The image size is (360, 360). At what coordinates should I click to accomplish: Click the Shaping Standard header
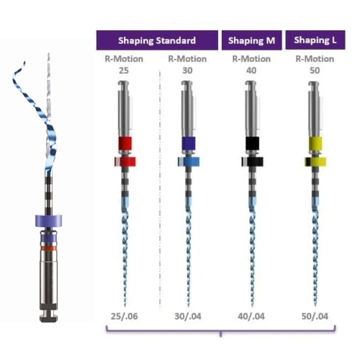point(157,40)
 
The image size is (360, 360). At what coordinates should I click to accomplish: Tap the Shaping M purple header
point(252,40)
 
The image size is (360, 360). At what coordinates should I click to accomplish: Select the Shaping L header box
point(315,40)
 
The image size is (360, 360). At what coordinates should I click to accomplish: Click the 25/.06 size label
point(125,316)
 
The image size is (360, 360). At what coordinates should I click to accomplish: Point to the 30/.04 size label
point(188,316)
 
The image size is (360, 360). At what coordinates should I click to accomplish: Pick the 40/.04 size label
point(251,316)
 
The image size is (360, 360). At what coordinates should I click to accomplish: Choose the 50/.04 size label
point(315,316)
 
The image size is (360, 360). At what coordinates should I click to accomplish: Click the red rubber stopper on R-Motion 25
point(125,161)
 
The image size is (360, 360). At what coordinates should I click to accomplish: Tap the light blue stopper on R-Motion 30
point(189,161)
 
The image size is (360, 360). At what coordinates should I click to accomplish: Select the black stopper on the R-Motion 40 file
point(252,161)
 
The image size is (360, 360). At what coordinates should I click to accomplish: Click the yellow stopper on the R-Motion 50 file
point(315,161)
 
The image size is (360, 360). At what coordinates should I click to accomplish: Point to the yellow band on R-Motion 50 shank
point(315,143)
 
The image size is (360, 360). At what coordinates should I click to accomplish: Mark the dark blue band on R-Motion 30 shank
point(189,143)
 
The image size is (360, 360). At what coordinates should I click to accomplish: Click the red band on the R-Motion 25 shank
point(125,143)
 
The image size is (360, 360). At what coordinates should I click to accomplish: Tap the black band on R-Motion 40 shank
point(252,143)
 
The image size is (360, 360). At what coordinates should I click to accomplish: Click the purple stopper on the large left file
point(48,221)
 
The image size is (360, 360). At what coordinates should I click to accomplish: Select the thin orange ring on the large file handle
point(48,248)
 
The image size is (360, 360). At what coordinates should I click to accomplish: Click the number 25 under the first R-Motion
point(124,71)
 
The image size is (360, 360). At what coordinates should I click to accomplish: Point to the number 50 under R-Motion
point(315,71)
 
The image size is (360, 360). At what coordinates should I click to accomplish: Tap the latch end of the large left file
point(48,316)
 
